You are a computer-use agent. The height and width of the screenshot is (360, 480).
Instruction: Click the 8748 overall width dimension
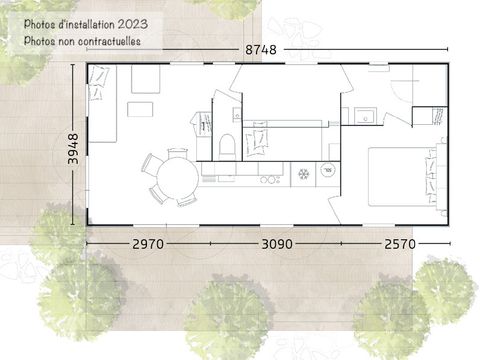(x=261, y=50)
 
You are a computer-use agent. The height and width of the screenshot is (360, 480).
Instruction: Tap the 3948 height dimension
(x=73, y=149)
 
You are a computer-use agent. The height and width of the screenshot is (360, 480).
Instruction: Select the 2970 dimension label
(x=148, y=244)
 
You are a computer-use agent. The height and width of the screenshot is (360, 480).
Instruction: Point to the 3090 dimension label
(x=277, y=244)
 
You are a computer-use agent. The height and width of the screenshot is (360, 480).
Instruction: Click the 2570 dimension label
(x=400, y=244)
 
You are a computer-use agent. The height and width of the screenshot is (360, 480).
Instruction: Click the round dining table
(x=178, y=178)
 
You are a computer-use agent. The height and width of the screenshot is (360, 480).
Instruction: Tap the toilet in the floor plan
(x=227, y=147)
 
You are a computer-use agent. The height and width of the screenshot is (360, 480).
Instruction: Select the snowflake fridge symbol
(x=303, y=174)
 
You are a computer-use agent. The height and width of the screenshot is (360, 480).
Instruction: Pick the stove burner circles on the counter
(x=270, y=180)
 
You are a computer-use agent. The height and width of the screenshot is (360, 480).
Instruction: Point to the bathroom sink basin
(x=365, y=116)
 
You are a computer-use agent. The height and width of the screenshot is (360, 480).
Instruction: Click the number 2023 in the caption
(x=133, y=24)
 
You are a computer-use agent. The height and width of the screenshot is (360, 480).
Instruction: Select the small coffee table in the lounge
(x=140, y=109)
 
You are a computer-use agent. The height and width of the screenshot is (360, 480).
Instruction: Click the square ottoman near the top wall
(x=145, y=79)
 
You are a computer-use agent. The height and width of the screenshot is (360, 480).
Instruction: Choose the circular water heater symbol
(x=328, y=170)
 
